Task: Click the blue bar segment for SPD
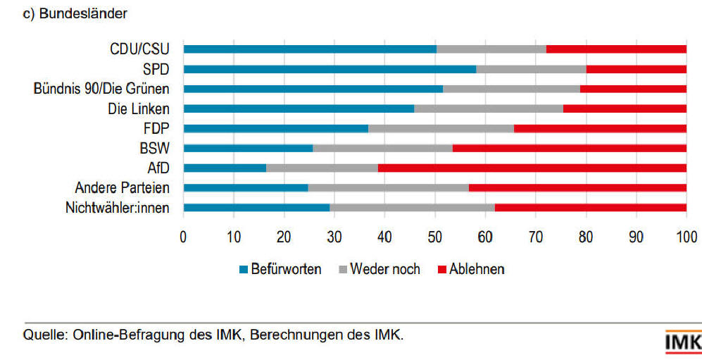[330, 69]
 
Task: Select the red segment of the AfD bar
[532, 168]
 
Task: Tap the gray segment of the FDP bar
[441, 128]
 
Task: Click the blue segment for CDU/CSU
[310, 49]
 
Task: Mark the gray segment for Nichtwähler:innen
[412, 208]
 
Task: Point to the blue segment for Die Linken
[299, 108]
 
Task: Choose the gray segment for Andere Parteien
[388, 187]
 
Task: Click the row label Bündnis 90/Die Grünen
[101, 89]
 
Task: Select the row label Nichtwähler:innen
[117, 208]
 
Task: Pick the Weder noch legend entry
[380, 269]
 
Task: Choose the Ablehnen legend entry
[471, 269]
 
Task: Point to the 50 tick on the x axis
[435, 237]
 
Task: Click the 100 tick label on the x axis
[687, 237]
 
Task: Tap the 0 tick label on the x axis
[183, 237]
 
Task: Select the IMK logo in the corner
[682, 342]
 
